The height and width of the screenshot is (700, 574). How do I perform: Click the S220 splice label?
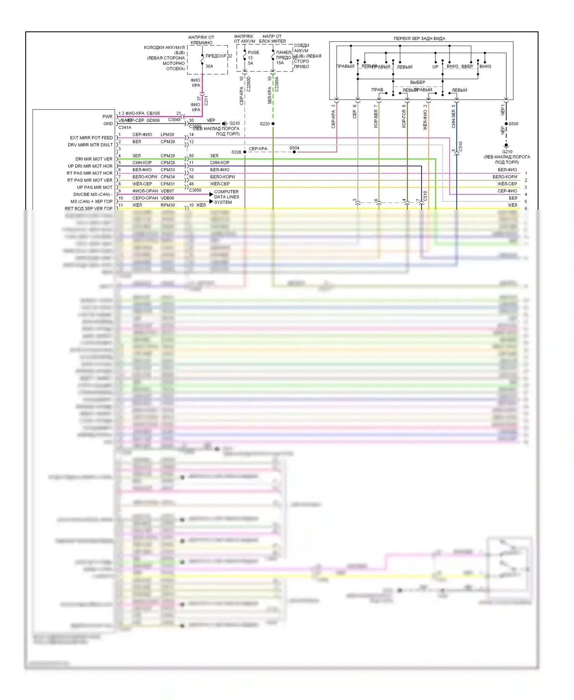pyautogui.click(x=264, y=124)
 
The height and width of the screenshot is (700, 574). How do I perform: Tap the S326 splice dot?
pyautogui.click(x=245, y=152)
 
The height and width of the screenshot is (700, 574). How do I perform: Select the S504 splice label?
pyautogui.click(x=294, y=148)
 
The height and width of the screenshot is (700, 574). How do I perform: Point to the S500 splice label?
pyautogui.click(x=513, y=124)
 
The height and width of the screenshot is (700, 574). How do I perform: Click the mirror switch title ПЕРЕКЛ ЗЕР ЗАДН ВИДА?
pyautogui.click(x=419, y=39)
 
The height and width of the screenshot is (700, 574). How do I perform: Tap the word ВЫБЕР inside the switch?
pyautogui.click(x=417, y=82)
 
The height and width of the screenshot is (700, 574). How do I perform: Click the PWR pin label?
pyautogui.click(x=108, y=116)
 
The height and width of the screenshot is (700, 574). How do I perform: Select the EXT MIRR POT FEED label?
pyautogui.click(x=91, y=138)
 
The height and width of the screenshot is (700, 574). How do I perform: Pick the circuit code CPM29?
pyautogui.click(x=168, y=156)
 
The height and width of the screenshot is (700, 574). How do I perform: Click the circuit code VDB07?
pyautogui.click(x=167, y=191)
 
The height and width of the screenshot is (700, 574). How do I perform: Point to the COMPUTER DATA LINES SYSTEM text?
pyautogui.click(x=227, y=197)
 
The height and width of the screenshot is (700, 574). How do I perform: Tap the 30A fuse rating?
pyautogui.click(x=209, y=66)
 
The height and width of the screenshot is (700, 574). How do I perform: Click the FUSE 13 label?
pyautogui.click(x=253, y=55)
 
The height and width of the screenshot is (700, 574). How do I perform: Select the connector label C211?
pyautogui.click(x=206, y=101)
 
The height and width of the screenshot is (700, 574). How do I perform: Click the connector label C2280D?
pyautogui.click(x=249, y=84)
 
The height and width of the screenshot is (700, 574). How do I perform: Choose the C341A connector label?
pyautogui.click(x=125, y=128)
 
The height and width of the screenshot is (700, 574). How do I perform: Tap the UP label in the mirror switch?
pyautogui.click(x=435, y=67)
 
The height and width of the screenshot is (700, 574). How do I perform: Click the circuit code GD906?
pyautogui.click(x=153, y=120)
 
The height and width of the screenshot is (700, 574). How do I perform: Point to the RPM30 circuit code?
pyautogui.click(x=168, y=205)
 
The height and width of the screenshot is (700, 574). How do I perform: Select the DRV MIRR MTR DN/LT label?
pyautogui.click(x=90, y=145)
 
